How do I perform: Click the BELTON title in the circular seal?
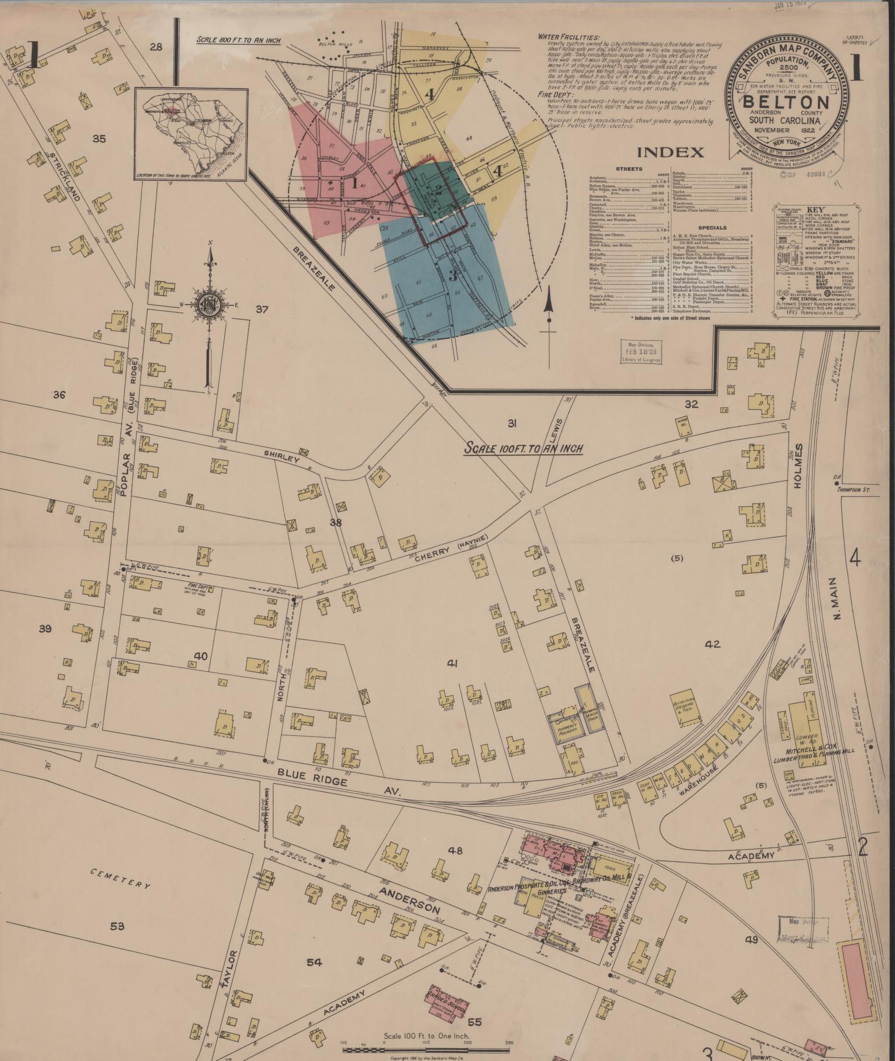click(786, 103)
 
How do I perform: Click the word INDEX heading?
click(670, 152)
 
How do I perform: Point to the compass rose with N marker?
click(210, 306)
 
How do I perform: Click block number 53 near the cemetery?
click(117, 926)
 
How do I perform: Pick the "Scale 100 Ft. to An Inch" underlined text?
click(523, 447)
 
